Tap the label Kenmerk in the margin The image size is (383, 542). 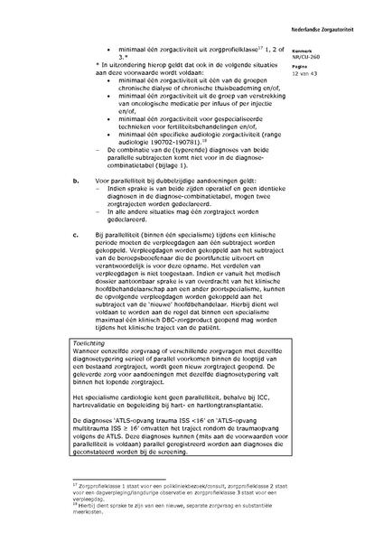(x=329, y=51)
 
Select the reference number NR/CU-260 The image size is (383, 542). (x=334, y=58)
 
